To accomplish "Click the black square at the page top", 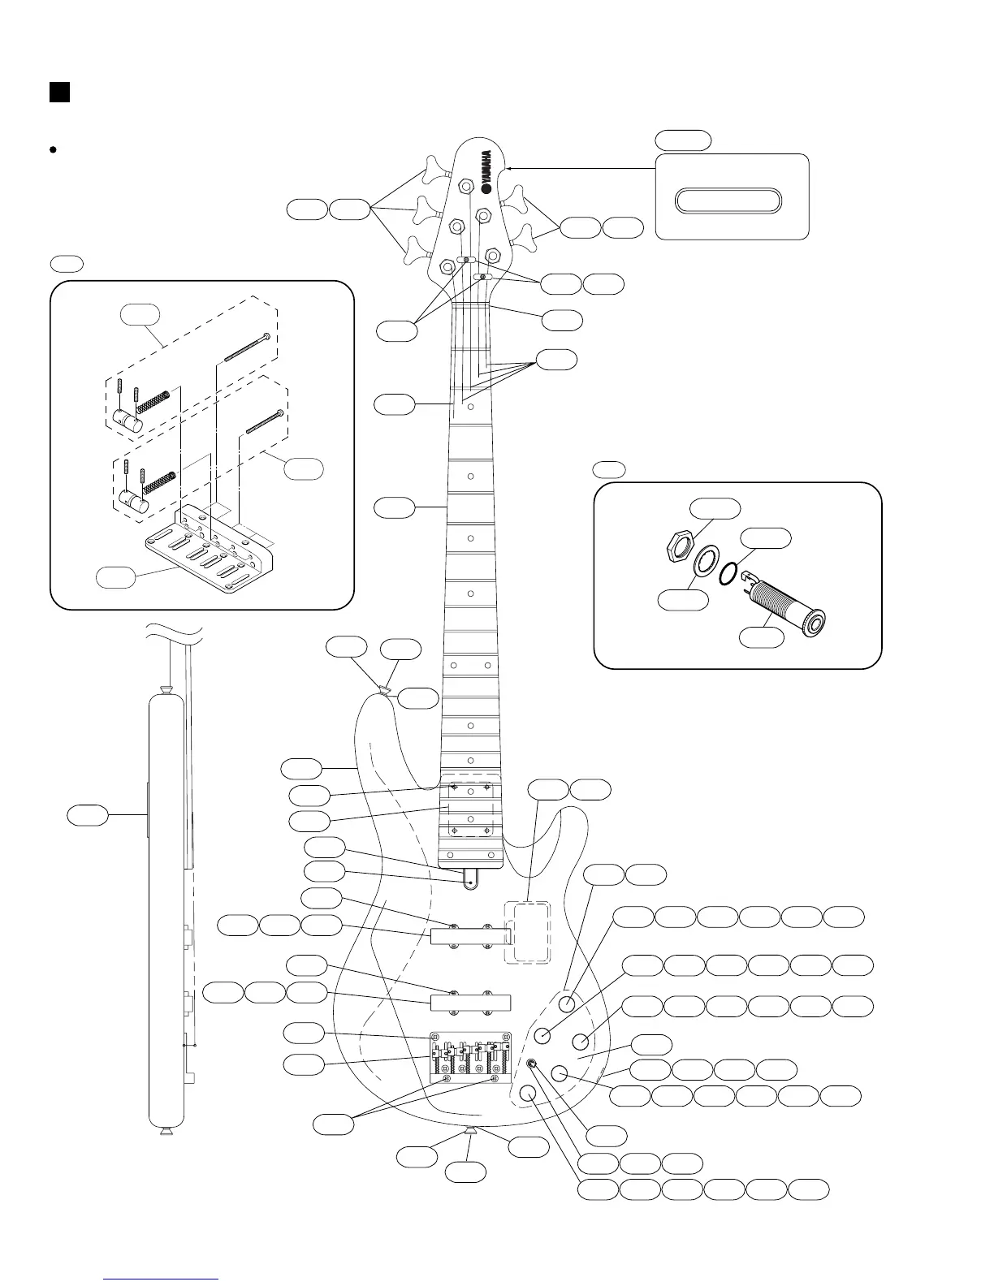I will pyautogui.click(x=58, y=92).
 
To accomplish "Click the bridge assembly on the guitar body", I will pyautogui.click(x=470, y=1056).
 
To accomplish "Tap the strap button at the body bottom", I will pyautogui.click(x=471, y=1130).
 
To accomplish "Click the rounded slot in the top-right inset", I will pyautogui.click(x=729, y=201).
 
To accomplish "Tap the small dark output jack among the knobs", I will pyautogui.click(x=532, y=1064).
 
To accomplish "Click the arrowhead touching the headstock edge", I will pyautogui.click(x=510, y=168).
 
